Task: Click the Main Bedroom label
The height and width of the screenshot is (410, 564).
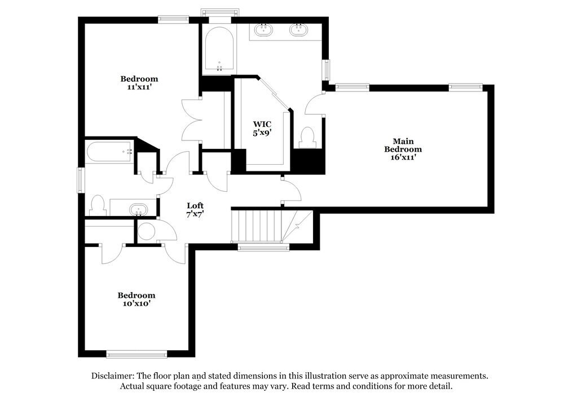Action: tap(403, 145)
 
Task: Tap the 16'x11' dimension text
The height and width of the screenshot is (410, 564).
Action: tap(403, 157)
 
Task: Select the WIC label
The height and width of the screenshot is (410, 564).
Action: tap(262, 124)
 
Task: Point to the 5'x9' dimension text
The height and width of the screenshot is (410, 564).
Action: tap(262, 133)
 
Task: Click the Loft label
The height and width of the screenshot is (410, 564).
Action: tap(195, 206)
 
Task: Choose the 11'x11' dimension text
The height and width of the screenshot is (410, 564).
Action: tap(139, 87)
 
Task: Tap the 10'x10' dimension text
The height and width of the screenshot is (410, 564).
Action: tap(136, 303)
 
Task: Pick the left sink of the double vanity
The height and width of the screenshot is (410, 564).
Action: tap(263, 29)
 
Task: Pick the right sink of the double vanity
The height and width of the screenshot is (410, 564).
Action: tap(298, 29)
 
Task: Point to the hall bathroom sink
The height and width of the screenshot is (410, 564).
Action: tap(138, 210)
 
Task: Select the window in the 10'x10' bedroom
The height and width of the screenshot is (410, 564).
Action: tap(136, 354)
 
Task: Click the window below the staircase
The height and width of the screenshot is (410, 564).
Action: tap(263, 246)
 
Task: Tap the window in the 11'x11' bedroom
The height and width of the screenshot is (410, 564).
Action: tap(173, 19)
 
